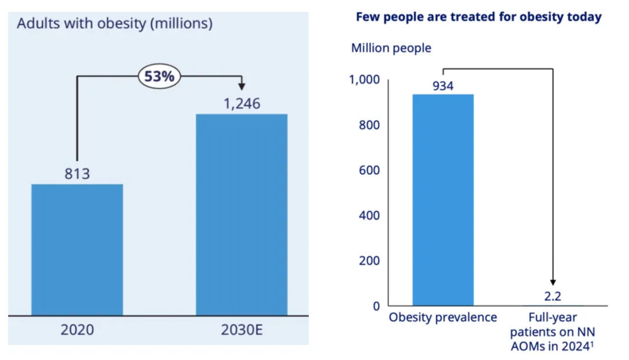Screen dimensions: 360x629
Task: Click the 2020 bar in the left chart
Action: coord(77,249)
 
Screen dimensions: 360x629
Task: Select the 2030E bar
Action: coord(241,214)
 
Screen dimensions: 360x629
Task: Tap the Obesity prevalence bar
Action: coord(443,200)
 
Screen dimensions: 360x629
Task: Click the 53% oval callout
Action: coord(160,77)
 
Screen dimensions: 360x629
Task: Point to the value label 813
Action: coord(77,173)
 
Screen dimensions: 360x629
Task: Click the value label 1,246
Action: coord(242,104)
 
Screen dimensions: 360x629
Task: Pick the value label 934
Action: coord(443,86)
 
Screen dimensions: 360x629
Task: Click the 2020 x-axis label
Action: coord(77,330)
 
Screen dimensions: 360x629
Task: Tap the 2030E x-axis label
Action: coord(242,330)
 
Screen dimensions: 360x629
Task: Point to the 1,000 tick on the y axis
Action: coord(364,80)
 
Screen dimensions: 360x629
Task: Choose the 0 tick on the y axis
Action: coord(376,306)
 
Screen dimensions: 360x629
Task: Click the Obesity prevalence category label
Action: coord(443,317)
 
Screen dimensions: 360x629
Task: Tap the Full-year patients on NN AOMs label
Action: coord(553,333)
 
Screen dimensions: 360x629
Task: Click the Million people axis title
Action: coord(391,48)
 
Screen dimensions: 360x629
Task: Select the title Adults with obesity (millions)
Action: coord(115,24)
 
